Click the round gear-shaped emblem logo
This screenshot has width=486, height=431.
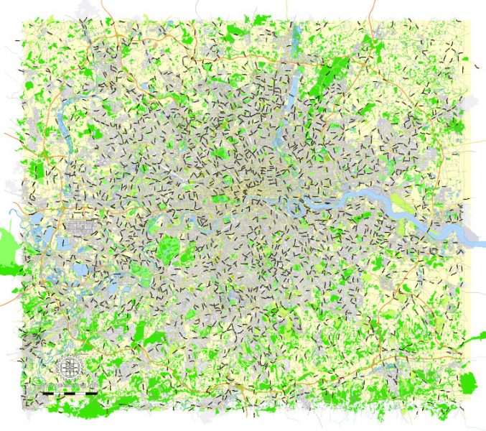tap(70, 368)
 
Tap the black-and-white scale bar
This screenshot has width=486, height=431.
tap(69, 393)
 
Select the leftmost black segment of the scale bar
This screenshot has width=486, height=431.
tap(47, 393)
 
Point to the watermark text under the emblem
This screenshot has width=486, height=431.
tap(70, 385)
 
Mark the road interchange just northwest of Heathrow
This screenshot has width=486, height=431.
tap(60, 213)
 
